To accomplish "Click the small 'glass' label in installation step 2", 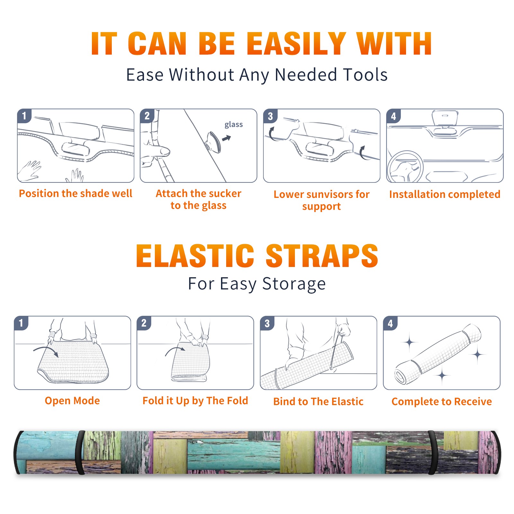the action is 234,125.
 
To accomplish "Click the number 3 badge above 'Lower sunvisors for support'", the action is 270,116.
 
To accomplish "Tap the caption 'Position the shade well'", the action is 75,193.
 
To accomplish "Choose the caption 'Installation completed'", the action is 445,194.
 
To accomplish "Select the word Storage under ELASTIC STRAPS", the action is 294,284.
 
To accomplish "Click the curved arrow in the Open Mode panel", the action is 46,350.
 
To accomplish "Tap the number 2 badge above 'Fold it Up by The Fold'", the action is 144,323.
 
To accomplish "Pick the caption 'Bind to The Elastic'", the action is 318,402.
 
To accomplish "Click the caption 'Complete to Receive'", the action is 441,402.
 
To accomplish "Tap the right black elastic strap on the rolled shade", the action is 432,453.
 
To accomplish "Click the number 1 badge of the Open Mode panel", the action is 21,323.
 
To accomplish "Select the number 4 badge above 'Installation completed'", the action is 393,116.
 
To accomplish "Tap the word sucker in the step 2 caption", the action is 225,193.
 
